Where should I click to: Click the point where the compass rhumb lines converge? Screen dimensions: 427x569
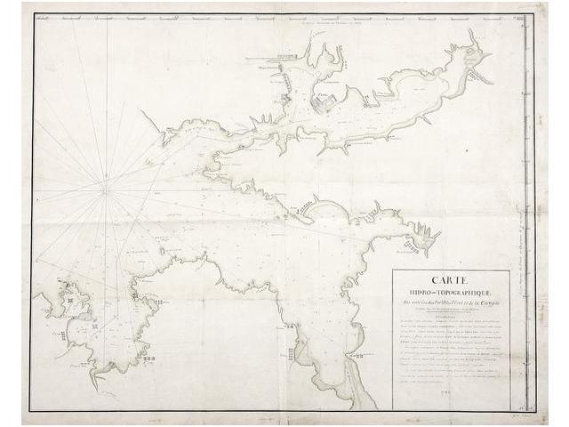[x=105, y=189]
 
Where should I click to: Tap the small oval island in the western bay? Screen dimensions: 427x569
[x=68, y=310]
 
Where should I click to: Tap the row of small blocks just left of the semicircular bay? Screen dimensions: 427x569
[x=305, y=206]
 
